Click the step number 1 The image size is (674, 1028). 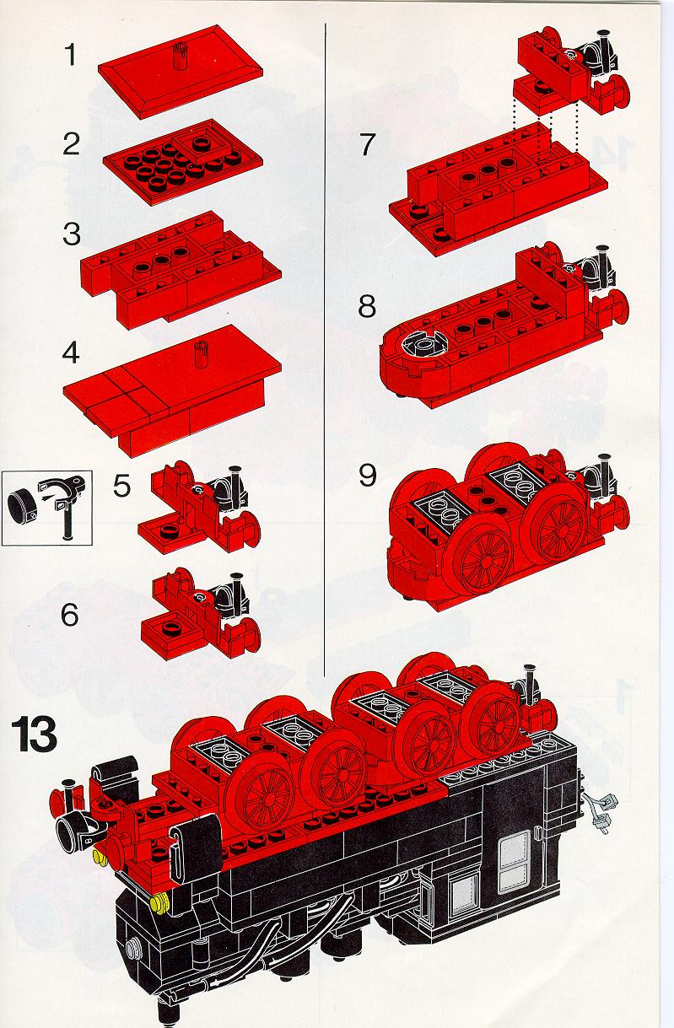(70, 54)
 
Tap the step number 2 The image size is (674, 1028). (71, 143)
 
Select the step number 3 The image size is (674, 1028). (72, 234)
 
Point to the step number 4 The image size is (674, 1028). (71, 353)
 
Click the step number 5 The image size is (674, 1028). (121, 486)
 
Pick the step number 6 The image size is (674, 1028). (70, 615)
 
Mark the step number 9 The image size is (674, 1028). (367, 475)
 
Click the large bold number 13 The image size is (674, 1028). (34, 735)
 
